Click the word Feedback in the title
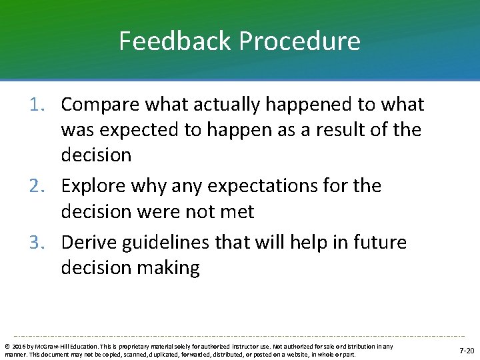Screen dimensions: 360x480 (175, 41)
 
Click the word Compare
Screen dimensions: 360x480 (101, 105)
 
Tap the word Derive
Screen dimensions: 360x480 (89, 242)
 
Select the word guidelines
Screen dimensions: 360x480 (175, 242)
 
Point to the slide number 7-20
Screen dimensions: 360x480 (467, 350)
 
